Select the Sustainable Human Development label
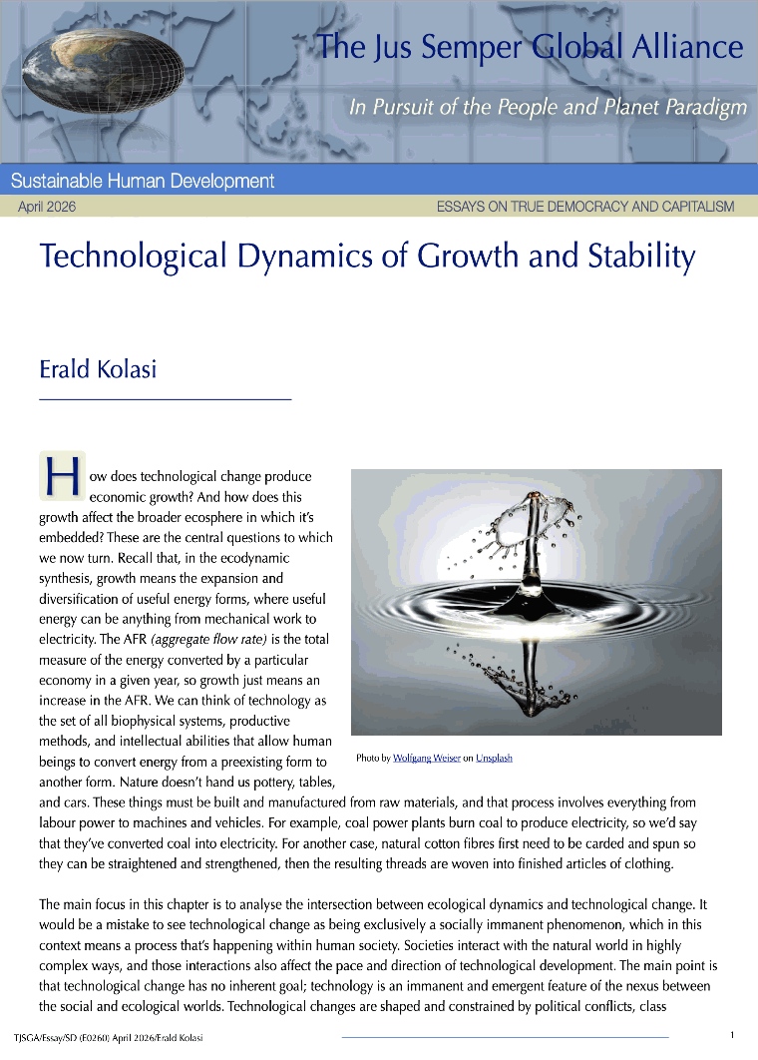(x=143, y=181)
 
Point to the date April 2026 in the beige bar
(x=47, y=207)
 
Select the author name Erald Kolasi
(x=98, y=369)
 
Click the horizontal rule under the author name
(x=165, y=399)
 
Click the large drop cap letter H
(x=60, y=477)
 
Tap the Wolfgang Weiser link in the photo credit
(x=427, y=759)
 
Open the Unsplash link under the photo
(x=494, y=759)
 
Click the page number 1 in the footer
(x=732, y=1035)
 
